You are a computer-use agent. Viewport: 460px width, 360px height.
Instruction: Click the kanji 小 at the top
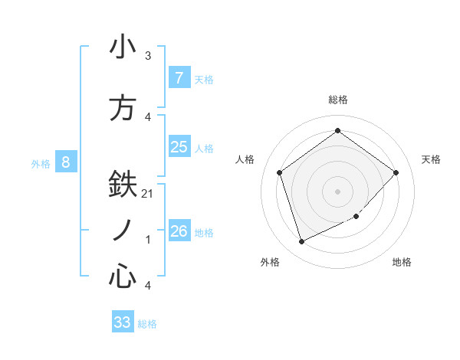[x=123, y=47]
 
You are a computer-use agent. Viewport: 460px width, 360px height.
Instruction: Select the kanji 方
[x=123, y=107]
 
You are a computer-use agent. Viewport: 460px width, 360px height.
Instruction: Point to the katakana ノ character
[x=123, y=230]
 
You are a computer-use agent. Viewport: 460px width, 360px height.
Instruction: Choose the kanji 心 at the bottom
[x=123, y=276]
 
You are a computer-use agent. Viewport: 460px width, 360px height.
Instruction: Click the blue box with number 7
[x=179, y=77]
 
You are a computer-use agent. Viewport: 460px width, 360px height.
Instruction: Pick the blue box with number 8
[x=66, y=162]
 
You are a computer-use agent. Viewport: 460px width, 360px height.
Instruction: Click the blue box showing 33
[x=123, y=322]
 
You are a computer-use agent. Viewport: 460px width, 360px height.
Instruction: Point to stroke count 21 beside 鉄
[x=148, y=194]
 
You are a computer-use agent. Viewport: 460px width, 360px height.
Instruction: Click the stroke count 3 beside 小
[x=148, y=56]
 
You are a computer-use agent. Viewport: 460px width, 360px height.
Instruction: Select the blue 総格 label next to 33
[x=147, y=324]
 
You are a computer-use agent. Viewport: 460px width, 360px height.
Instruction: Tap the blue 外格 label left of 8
[x=41, y=163]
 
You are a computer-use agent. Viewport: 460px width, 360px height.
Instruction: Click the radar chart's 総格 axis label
[x=338, y=100]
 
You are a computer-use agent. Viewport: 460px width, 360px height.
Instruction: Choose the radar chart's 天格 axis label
[x=431, y=159]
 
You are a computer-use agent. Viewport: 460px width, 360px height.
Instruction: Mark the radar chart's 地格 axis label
[x=402, y=262]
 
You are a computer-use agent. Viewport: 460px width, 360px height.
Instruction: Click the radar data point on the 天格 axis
[x=396, y=172]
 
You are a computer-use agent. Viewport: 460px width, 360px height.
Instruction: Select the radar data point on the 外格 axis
[x=301, y=242]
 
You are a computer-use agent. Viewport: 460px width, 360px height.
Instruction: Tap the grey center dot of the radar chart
[x=337, y=191]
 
